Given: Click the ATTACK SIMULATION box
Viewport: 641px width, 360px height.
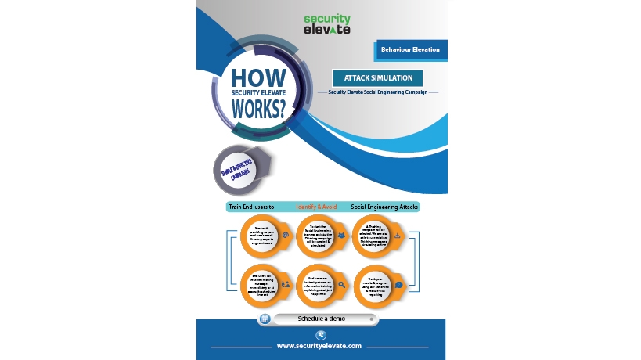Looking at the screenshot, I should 378,78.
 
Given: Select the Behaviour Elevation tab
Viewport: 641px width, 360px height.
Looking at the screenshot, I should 410,49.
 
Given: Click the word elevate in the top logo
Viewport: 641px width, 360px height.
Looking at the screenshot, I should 326,30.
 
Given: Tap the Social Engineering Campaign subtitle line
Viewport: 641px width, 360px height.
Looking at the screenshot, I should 378,92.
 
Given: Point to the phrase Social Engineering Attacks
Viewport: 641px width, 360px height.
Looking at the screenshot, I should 384,207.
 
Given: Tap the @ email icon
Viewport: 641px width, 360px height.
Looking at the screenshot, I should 286,235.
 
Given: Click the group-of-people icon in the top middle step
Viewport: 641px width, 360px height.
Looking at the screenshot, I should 342,235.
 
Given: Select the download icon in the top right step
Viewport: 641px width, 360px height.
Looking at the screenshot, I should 398,235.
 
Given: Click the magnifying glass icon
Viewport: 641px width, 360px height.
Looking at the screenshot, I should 342,285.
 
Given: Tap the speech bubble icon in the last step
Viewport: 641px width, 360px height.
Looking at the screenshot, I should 398,286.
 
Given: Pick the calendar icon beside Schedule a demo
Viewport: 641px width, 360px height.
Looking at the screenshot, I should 265,319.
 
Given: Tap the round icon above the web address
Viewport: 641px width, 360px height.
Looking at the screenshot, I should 321,334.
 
